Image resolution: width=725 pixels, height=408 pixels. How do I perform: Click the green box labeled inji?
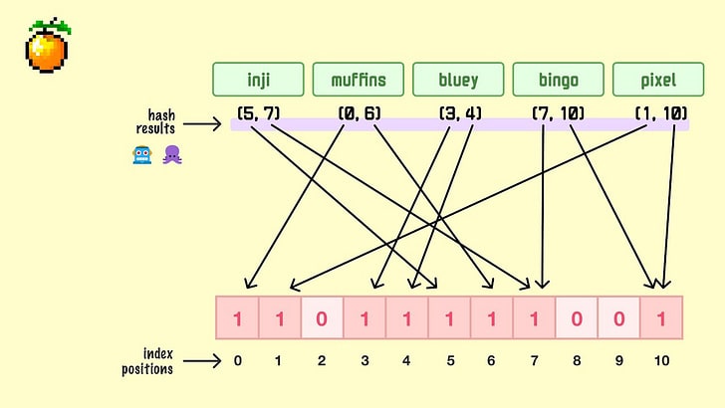(x=259, y=80)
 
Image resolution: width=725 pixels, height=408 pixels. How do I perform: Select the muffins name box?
(x=359, y=80)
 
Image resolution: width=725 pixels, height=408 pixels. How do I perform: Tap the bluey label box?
(x=458, y=80)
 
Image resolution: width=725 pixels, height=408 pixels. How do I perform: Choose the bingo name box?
(x=558, y=80)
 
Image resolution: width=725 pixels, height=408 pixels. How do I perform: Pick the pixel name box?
(x=658, y=80)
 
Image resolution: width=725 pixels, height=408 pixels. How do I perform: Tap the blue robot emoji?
(x=141, y=155)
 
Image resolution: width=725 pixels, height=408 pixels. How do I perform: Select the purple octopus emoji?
(x=171, y=155)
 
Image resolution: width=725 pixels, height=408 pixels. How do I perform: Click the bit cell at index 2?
(x=322, y=318)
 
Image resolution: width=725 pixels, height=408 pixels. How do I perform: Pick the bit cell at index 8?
(x=576, y=318)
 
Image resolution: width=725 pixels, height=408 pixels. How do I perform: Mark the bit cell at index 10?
(x=661, y=318)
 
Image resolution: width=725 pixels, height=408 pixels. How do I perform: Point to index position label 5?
(x=449, y=360)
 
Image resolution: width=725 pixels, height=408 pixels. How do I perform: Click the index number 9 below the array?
(x=618, y=360)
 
